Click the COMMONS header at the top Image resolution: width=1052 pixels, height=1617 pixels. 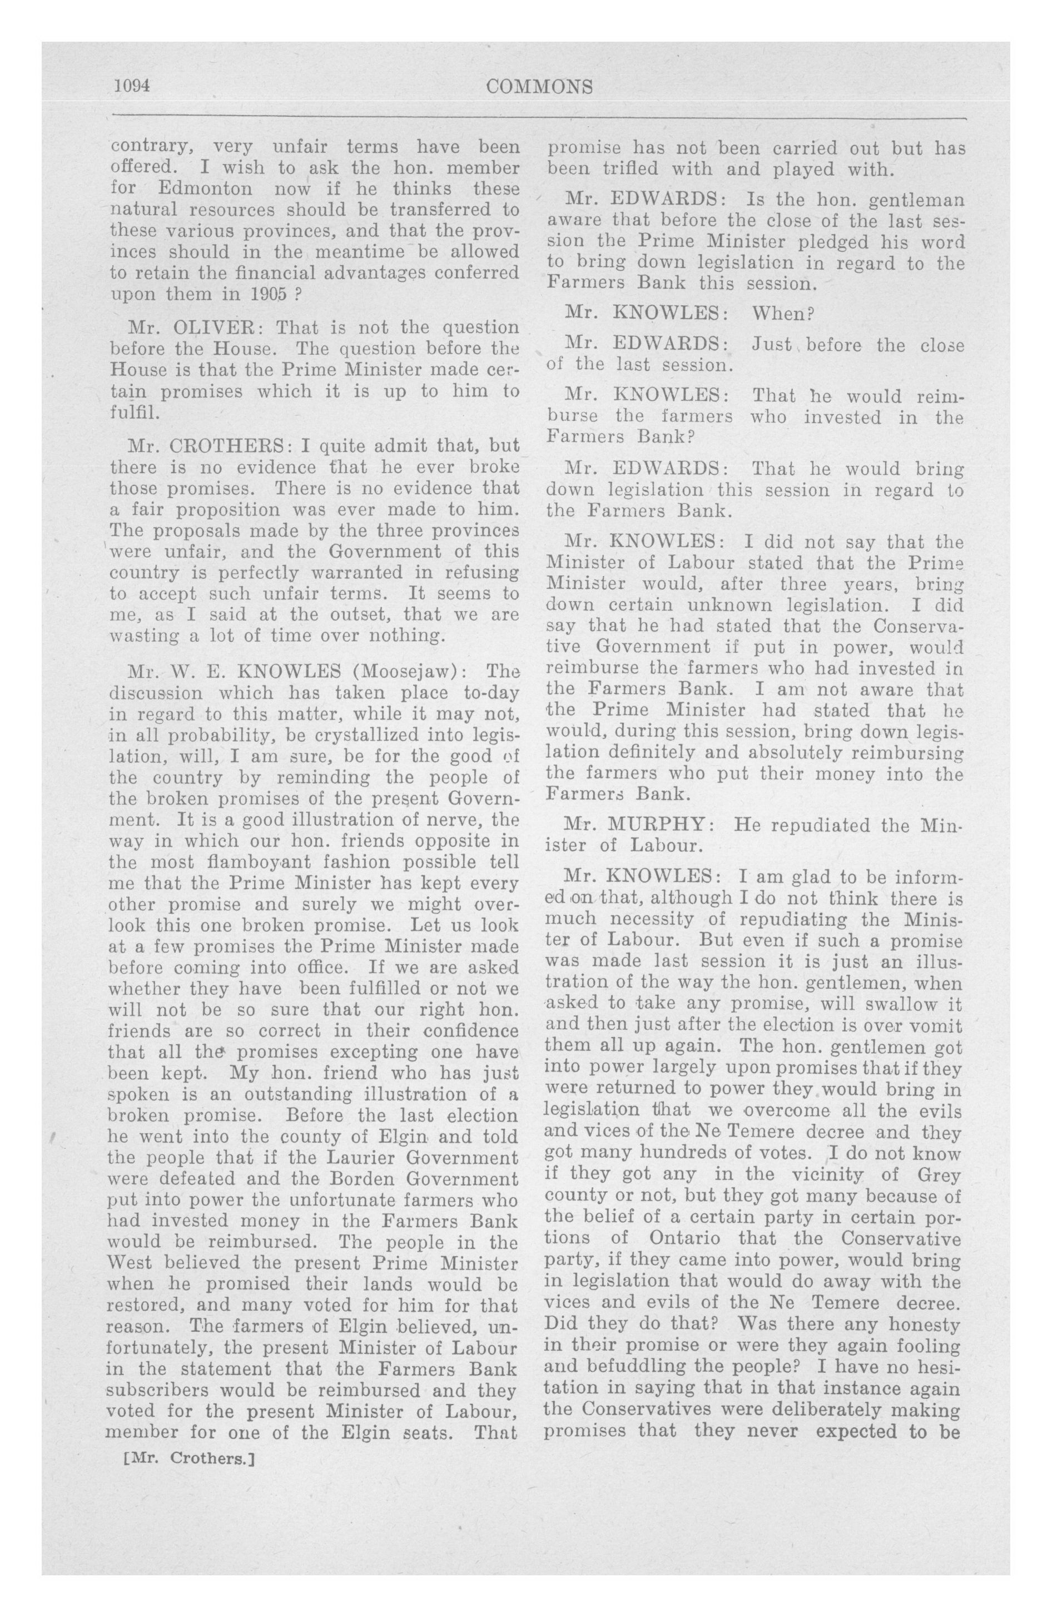coord(540,87)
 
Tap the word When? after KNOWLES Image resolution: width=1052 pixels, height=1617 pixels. coord(783,313)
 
